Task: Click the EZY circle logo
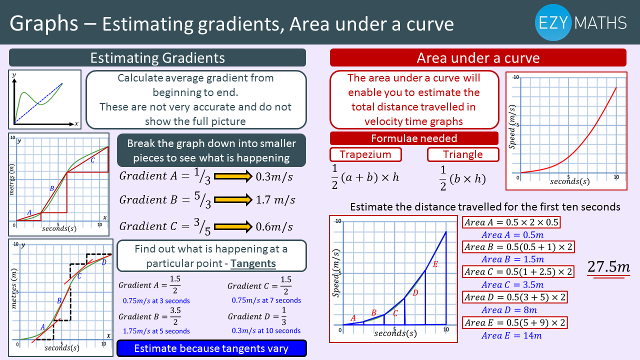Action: pyautogui.click(x=553, y=22)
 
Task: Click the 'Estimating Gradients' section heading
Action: pyautogui.click(x=157, y=57)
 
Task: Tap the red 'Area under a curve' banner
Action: pyautogui.click(x=478, y=57)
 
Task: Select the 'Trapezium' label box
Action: pyautogui.click(x=365, y=154)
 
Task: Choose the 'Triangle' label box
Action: pyautogui.click(x=463, y=154)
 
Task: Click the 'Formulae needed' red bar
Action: pyautogui.click(x=414, y=138)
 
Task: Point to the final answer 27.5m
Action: pyautogui.click(x=608, y=267)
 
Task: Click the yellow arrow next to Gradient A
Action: pyautogui.click(x=233, y=176)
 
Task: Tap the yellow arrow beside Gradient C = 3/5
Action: pyautogui.click(x=233, y=227)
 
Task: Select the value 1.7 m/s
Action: pyautogui.click(x=275, y=199)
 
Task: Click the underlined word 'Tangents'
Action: pyautogui.click(x=253, y=263)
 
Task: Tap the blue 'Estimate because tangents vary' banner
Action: pyautogui.click(x=211, y=348)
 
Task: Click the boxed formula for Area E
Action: pyautogui.click(x=515, y=322)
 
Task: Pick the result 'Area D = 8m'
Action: pyautogui.click(x=509, y=310)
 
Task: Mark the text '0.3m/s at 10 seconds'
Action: pyautogui.click(x=266, y=331)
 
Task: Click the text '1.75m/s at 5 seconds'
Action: pyautogui.click(x=156, y=331)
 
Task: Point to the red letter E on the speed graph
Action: pyautogui.click(x=435, y=264)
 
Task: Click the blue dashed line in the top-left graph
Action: pyautogui.click(x=38, y=103)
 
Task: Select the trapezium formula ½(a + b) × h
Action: pyautogui.click(x=365, y=177)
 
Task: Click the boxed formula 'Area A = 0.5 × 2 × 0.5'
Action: pyautogui.click(x=511, y=222)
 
